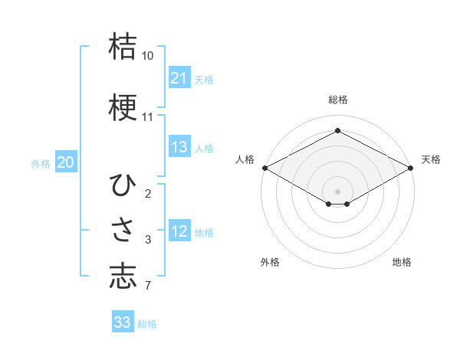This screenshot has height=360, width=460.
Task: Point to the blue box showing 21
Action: pyautogui.click(x=179, y=78)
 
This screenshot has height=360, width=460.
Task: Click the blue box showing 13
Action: pyautogui.click(x=179, y=147)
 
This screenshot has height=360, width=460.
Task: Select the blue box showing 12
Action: pyautogui.click(x=179, y=231)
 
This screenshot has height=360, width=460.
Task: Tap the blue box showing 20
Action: pyautogui.click(x=66, y=162)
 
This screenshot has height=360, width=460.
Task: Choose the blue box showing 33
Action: pyautogui.click(x=123, y=322)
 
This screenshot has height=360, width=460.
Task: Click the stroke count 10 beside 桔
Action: pyautogui.click(x=147, y=57)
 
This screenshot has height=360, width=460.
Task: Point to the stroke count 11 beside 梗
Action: pyautogui.click(x=147, y=117)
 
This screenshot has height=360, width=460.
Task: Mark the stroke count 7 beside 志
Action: pyautogui.click(x=147, y=286)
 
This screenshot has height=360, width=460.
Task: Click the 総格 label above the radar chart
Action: pyautogui.click(x=337, y=100)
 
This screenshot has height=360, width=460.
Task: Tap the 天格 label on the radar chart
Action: pyautogui.click(x=431, y=159)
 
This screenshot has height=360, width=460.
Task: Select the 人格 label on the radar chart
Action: pyautogui.click(x=245, y=159)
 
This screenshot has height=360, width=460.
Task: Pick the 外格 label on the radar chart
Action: pyautogui.click(x=270, y=262)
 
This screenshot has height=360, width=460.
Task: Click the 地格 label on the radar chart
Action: pyautogui.click(x=402, y=262)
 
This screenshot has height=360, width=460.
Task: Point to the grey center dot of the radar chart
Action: pyautogui.click(x=337, y=190)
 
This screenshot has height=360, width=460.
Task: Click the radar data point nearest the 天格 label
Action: pyautogui.click(x=411, y=168)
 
